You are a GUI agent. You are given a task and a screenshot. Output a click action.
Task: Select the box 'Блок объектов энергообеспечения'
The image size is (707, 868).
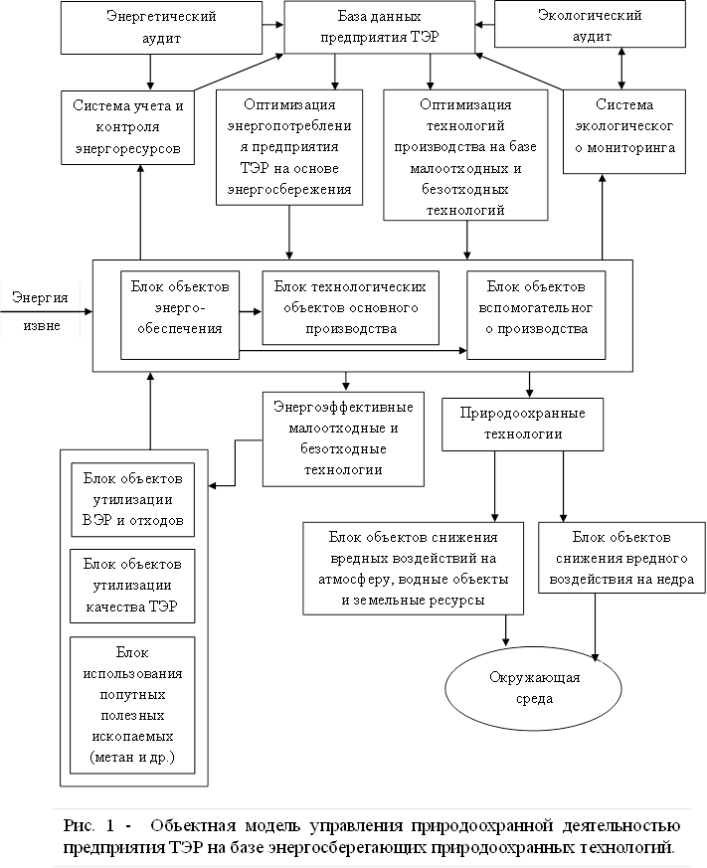(180, 313)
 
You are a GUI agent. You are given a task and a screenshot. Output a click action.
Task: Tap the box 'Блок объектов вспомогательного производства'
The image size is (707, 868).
(537, 313)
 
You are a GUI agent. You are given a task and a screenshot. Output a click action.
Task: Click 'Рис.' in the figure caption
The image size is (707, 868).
(77, 825)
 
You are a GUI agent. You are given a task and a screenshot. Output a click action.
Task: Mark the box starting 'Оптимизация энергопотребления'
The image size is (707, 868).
(288, 147)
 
